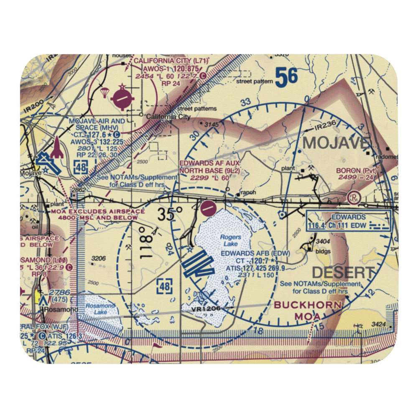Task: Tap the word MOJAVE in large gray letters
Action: (x=336, y=143)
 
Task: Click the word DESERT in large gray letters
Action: (x=343, y=273)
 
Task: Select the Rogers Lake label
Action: (x=229, y=241)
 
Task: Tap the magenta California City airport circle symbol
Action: (x=122, y=99)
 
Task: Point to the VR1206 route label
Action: (x=206, y=308)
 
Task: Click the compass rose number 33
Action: (x=246, y=102)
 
